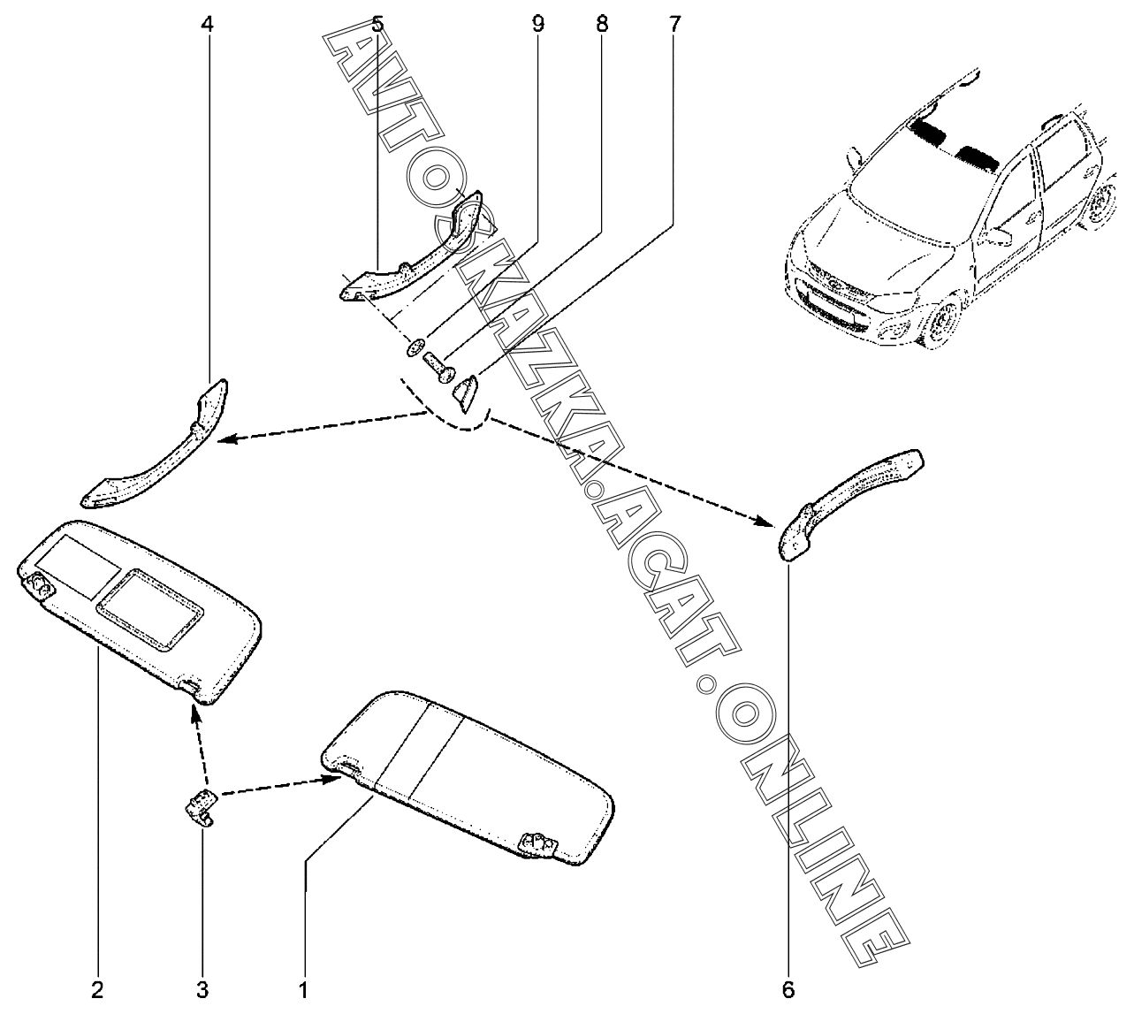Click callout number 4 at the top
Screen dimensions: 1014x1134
coord(207,24)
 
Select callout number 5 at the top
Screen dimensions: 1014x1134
coord(377,24)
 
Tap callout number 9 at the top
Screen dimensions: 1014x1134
coord(537,24)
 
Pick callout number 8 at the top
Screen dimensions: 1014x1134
coord(602,24)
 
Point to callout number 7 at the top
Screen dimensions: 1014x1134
coord(674,24)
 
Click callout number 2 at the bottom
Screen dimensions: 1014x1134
coord(98,989)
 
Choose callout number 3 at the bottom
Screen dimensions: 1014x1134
coord(202,989)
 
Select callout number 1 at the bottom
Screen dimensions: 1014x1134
coord(303,989)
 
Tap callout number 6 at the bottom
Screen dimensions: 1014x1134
coord(788,989)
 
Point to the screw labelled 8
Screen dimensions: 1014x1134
coord(436,363)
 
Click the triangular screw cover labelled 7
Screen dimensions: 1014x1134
coord(466,389)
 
